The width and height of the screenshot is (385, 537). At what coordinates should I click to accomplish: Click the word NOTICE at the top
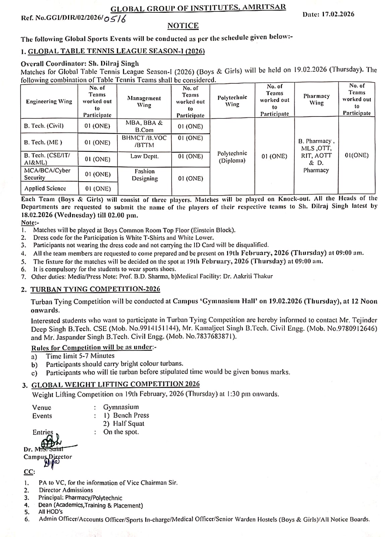183,26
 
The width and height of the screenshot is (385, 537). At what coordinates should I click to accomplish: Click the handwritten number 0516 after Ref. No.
115,19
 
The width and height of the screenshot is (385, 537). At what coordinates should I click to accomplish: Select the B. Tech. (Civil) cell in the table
44,126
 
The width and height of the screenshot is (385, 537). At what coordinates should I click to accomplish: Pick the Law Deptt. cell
145,156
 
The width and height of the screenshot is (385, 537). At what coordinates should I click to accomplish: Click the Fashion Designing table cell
145,175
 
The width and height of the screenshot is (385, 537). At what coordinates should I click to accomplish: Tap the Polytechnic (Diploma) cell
232,157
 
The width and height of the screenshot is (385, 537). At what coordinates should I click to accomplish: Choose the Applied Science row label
45,188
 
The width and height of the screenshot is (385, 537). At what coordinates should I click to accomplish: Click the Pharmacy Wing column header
316,99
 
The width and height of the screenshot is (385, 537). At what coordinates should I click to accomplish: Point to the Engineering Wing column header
49,101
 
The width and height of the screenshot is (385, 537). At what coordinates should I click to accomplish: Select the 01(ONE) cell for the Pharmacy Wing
356,155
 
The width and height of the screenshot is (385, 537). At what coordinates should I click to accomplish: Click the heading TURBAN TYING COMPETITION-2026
95,289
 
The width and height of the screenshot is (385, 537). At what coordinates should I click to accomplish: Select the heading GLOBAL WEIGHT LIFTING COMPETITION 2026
115,384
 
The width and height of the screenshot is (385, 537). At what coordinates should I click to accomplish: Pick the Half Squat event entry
128,424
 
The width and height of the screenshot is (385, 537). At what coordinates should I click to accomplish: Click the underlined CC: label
29,472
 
